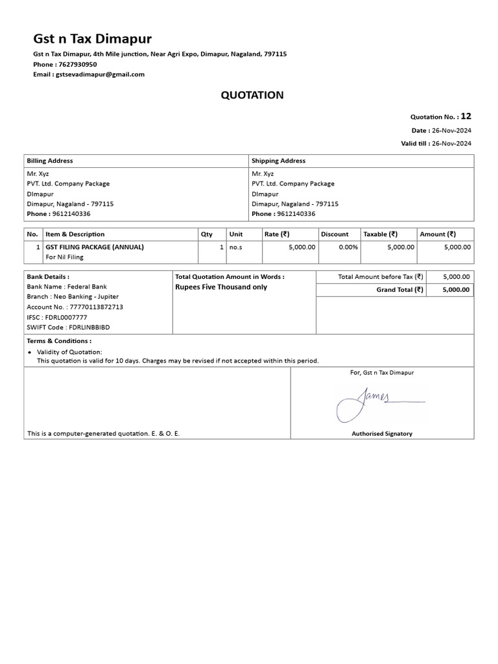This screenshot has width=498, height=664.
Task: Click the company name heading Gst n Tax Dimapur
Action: [x=93, y=38]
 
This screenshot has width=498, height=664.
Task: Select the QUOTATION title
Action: [x=252, y=95]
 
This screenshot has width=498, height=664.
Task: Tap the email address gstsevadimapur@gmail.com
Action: [x=100, y=75]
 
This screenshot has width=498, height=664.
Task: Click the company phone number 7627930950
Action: [x=77, y=65]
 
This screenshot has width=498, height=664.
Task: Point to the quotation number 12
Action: [x=466, y=117]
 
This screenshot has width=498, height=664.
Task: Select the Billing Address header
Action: [x=50, y=161]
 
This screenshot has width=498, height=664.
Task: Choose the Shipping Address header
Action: [x=278, y=161]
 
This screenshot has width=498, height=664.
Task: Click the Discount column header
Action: [x=335, y=234]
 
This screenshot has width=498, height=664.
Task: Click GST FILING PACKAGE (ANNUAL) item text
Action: [x=95, y=247]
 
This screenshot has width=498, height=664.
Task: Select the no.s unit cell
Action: [x=235, y=247]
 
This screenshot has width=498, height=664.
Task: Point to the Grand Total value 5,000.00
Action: [x=456, y=290]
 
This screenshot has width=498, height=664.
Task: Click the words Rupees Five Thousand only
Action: [x=221, y=287]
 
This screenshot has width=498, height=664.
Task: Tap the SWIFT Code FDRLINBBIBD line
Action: [x=68, y=327]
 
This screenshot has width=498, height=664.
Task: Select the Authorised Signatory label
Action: [x=382, y=434]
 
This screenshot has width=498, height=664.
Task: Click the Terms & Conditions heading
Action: [x=59, y=341]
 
